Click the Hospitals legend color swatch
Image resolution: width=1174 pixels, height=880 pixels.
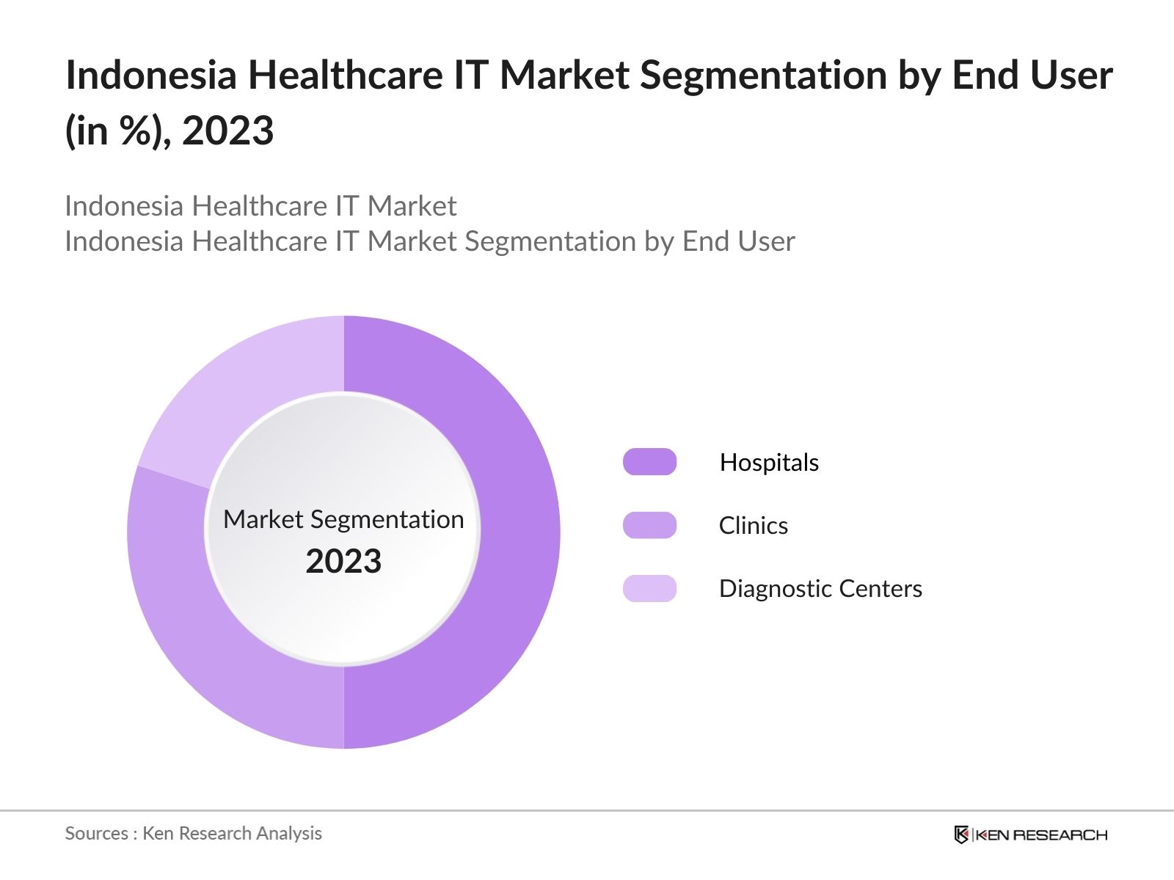pos(649,462)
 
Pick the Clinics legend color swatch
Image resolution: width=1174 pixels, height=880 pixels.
pos(649,525)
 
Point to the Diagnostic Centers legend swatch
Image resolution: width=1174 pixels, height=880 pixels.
pos(649,588)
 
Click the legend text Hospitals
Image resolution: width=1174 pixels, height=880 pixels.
pos(769,462)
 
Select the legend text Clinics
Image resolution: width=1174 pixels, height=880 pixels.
pos(753,525)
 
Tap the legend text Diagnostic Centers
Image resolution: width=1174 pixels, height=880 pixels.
pos(820,588)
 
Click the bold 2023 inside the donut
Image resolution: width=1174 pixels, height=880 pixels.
pos(343,562)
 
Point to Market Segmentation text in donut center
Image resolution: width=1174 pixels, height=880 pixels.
pos(343,519)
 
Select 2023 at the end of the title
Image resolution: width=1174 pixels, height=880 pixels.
pos(227,131)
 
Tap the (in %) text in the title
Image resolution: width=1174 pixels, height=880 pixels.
pos(117,131)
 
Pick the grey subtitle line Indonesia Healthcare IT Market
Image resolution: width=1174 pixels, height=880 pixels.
pos(260,206)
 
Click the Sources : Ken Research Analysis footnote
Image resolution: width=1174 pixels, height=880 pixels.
pos(193,833)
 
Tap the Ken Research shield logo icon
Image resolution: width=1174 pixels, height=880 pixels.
pos(961,835)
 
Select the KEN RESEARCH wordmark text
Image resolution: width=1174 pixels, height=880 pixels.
pos(1040,835)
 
